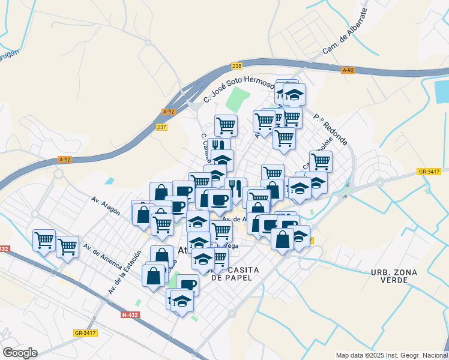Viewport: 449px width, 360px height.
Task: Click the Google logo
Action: click(x=20, y=352)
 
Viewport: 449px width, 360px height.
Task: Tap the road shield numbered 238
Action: click(x=237, y=66)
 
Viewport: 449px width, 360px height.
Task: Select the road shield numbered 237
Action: click(x=161, y=127)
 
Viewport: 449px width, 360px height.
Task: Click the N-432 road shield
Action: click(x=128, y=314)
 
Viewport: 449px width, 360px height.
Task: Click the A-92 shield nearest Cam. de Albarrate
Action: click(x=348, y=70)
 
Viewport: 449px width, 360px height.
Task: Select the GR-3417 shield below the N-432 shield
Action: click(x=85, y=332)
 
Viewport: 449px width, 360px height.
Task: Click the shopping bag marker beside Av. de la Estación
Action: click(x=154, y=275)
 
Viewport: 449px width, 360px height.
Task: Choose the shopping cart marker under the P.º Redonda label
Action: click(x=321, y=160)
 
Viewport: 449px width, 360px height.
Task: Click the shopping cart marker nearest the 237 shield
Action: click(x=226, y=125)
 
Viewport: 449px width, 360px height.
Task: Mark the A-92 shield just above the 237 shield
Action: click(x=169, y=111)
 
